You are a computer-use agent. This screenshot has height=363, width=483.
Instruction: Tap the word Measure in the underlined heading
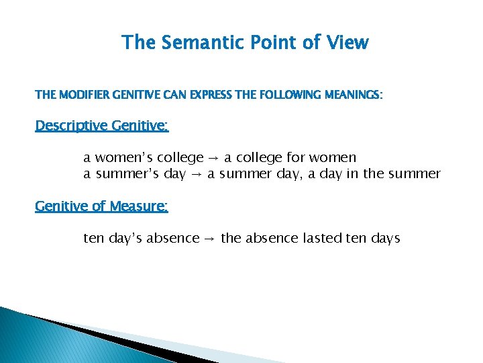[138, 206]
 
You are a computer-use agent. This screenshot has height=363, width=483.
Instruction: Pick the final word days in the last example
[384, 239]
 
